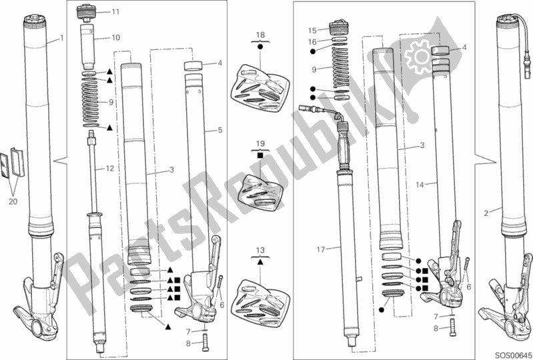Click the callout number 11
pyautogui.click(x=115, y=12)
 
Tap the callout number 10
pyautogui.click(x=116, y=37)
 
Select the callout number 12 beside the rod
pyautogui.click(x=110, y=169)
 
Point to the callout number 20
pyautogui.click(x=13, y=202)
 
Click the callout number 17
pyautogui.click(x=321, y=250)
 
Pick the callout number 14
pyautogui.click(x=420, y=185)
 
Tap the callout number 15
pyautogui.click(x=312, y=31)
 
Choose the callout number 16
pyautogui.click(x=312, y=42)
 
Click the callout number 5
pyautogui.click(x=220, y=130)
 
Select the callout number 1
pyautogui.click(x=61, y=39)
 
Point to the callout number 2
pyautogui.click(x=486, y=213)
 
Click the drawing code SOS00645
pyautogui.click(x=513, y=354)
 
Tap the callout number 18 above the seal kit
pyautogui.click(x=260, y=35)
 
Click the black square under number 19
pyautogui.click(x=260, y=155)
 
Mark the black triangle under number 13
pyautogui.click(x=260, y=262)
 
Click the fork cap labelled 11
pyautogui.click(x=87, y=12)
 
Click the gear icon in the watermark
pyautogui.click(x=421, y=56)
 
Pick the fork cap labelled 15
pyautogui.click(x=339, y=28)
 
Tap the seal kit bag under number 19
pyautogui.click(x=261, y=192)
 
